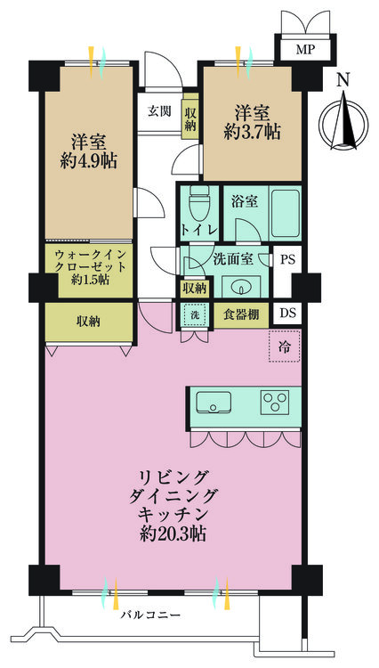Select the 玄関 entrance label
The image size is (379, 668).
pos(160,112)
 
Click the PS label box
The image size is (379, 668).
pos(286,261)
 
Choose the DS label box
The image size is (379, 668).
pos(286,313)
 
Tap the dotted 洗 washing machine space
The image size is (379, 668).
pos(195,314)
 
